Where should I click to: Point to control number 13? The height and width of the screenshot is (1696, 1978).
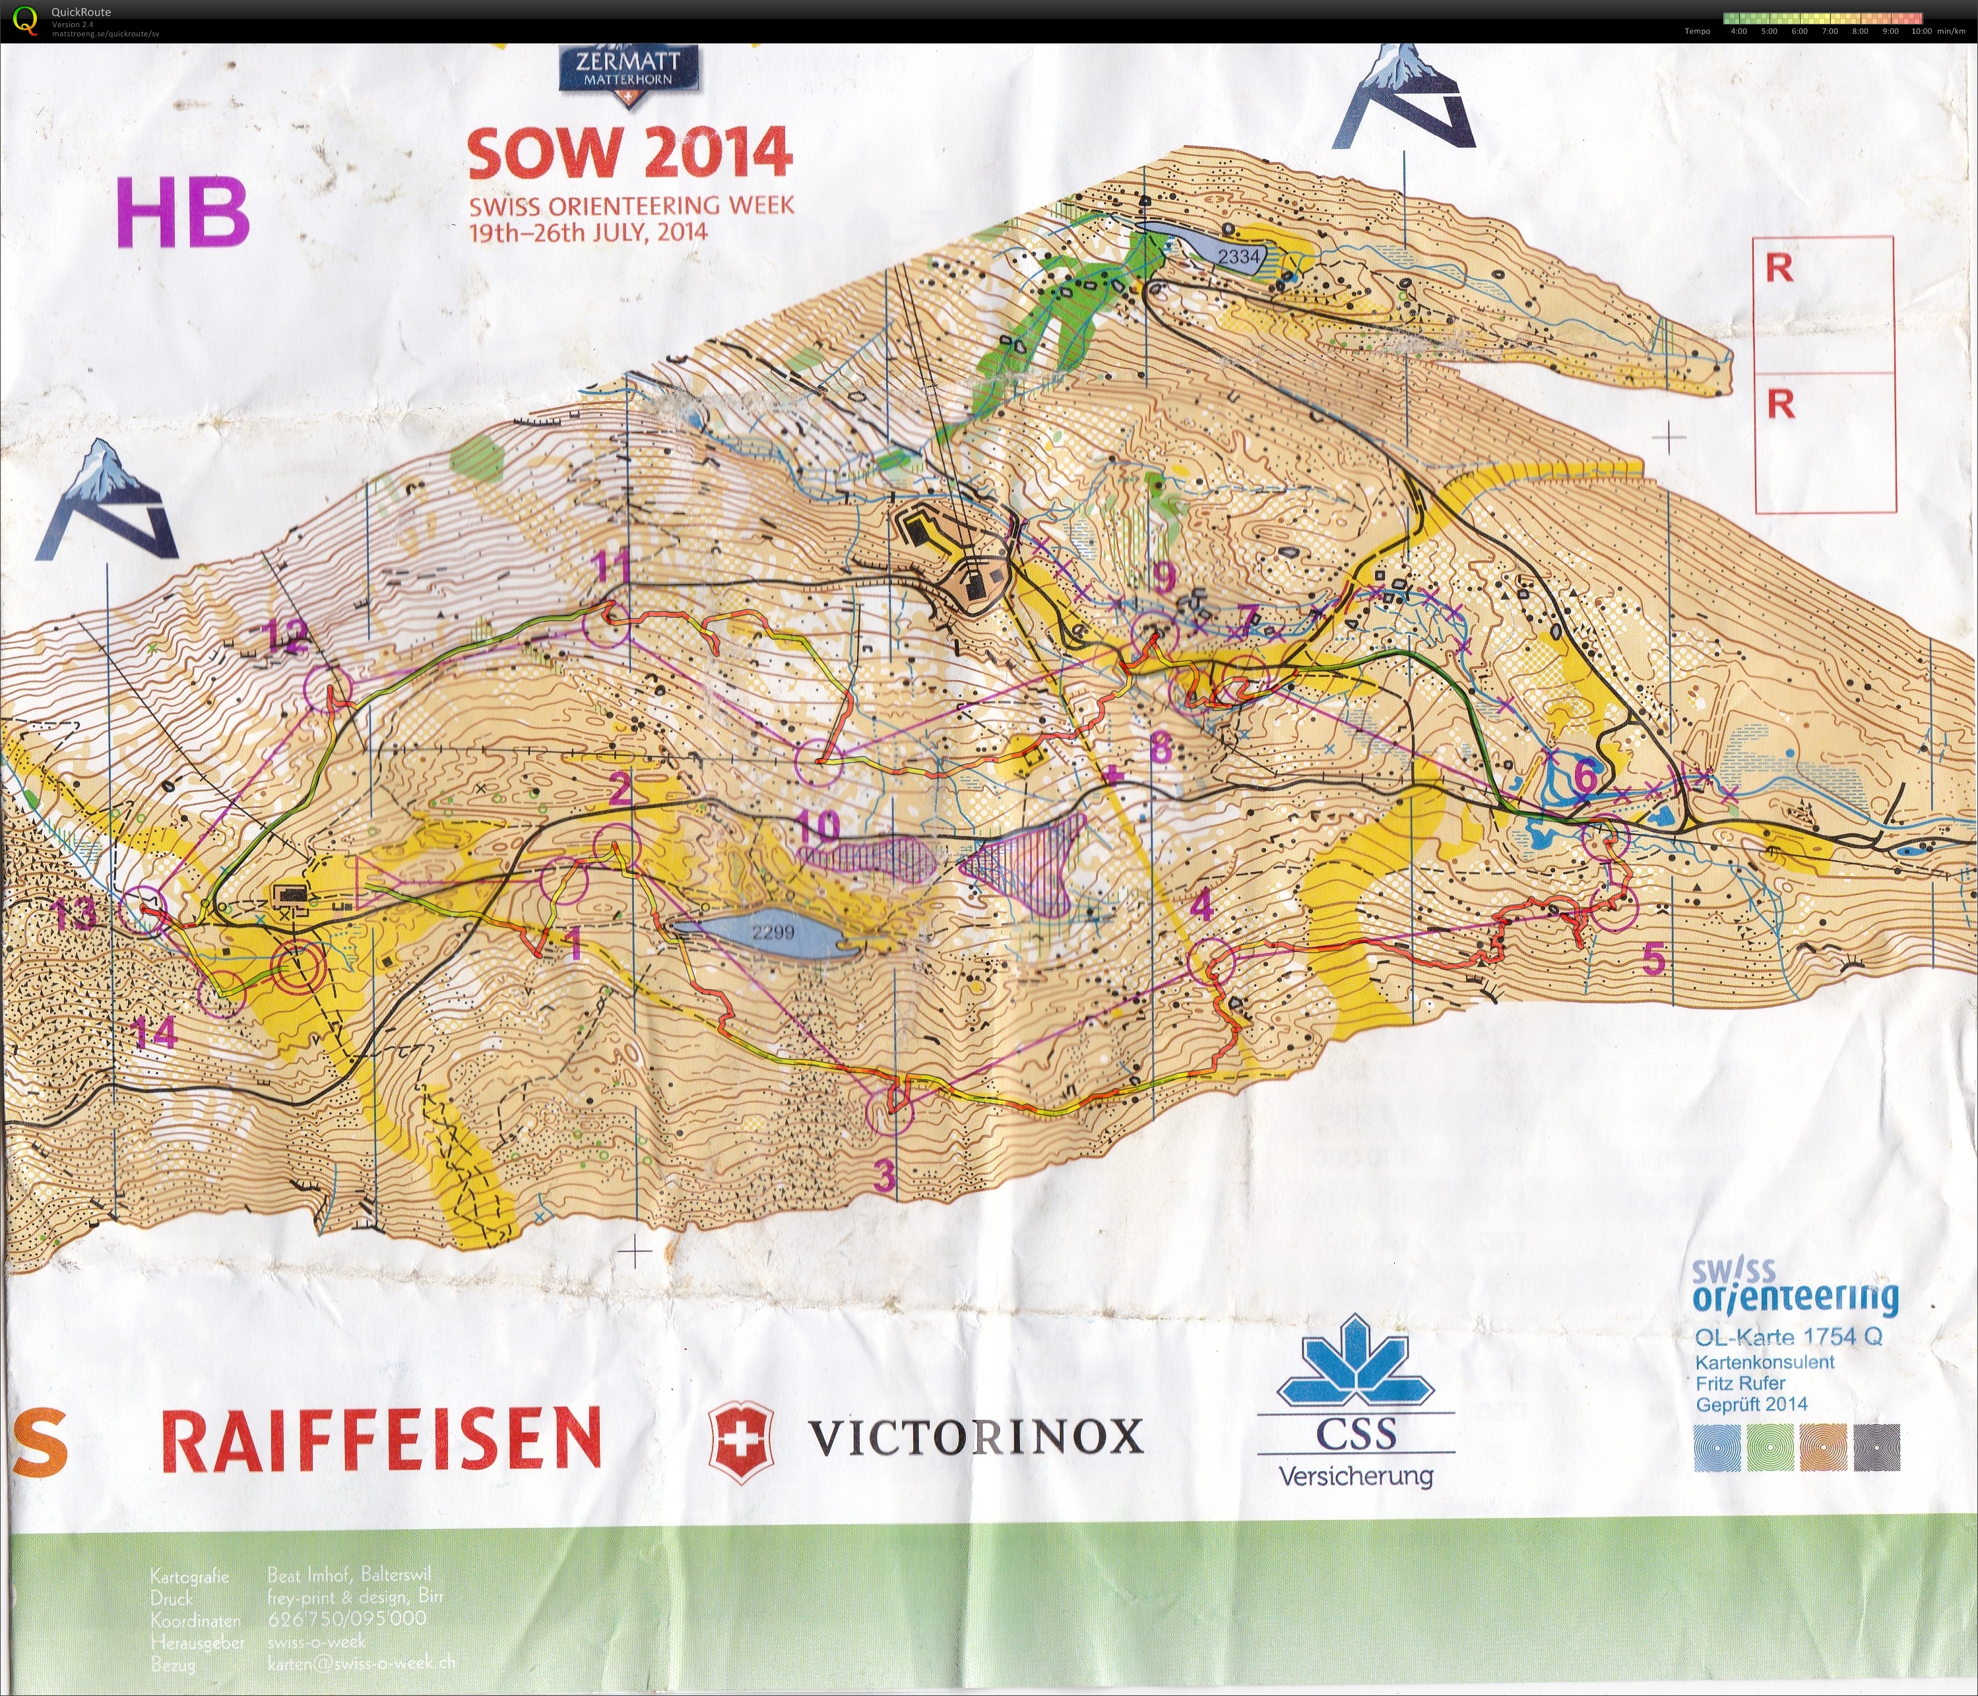[75, 914]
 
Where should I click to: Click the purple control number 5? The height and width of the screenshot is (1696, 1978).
[1653, 959]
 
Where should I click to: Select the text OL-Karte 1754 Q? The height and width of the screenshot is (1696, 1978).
[1788, 1336]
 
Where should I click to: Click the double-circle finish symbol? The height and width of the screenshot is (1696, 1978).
[297, 968]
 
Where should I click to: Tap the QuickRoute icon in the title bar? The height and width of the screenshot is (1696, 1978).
[26, 20]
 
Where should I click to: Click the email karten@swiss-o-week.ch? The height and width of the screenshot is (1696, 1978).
[361, 1662]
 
